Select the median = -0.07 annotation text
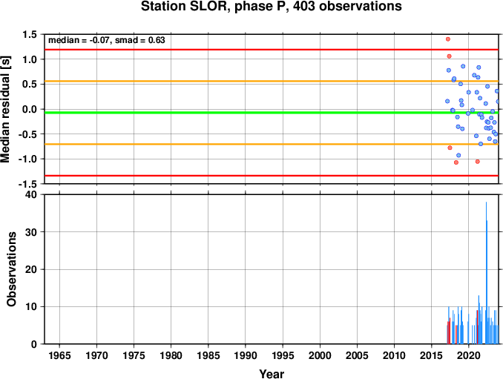point(79,40)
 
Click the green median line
point(272,113)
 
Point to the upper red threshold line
point(272,50)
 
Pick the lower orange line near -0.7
point(272,145)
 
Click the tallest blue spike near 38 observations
point(487,272)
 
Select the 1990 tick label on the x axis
point(246,355)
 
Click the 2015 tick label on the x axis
point(432,355)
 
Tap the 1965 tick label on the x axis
point(59,355)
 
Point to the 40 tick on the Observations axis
point(31,194)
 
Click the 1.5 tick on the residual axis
point(30,34)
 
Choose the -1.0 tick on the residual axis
point(27,159)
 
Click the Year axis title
point(272,374)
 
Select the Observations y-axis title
point(11,269)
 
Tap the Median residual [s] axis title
point(5,109)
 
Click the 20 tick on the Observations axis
point(31,269)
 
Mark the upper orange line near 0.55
point(272,81)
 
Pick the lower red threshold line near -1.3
point(272,175)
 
